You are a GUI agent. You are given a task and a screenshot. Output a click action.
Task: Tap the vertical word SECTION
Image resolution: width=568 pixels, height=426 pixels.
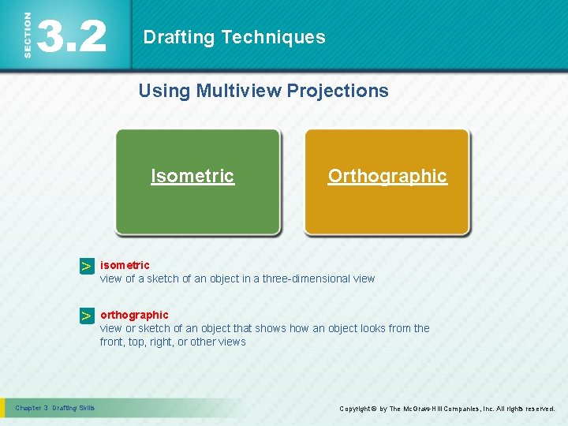28,35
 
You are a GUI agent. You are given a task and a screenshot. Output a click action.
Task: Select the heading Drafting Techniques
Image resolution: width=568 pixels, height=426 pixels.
234,37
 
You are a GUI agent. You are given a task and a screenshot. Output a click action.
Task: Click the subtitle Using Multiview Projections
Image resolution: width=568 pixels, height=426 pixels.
263,91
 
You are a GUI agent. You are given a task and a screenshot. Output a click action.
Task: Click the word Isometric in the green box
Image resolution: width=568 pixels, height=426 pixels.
192,176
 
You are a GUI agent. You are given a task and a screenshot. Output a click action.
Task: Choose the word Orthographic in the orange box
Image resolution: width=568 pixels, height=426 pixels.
387,176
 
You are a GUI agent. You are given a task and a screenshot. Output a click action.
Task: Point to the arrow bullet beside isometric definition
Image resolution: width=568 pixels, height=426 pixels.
86,267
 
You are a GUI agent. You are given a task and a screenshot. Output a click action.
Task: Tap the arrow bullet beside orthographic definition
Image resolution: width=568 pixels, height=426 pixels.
86,316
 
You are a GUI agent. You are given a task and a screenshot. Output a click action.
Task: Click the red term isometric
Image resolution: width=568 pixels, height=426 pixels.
125,265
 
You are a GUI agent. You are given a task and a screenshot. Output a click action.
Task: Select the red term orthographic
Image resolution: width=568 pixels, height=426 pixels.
134,315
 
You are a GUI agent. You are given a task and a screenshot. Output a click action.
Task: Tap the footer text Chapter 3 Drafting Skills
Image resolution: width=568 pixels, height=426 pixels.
55,408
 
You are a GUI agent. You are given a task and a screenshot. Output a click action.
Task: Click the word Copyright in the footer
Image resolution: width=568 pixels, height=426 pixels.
357,409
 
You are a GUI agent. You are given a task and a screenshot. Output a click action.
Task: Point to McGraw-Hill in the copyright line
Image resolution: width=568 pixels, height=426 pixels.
426,409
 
